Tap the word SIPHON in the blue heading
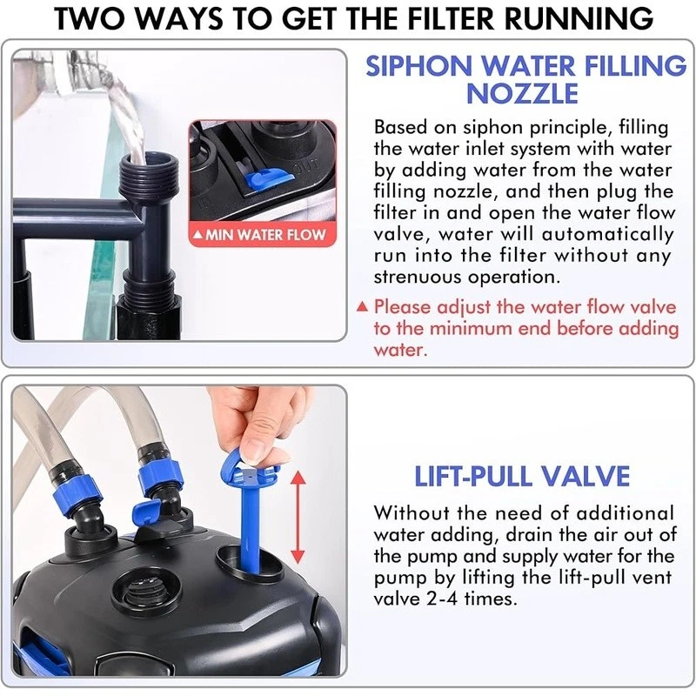pyautogui.click(x=418, y=66)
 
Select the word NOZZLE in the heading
pyautogui.click(x=522, y=93)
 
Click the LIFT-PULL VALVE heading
pyautogui.click(x=522, y=476)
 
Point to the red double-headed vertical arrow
pyautogui.click(x=298, y=518)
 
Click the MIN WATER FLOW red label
pyautogui.click(x=263, y=235)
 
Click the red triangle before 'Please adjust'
pyautogui.click(x=362, y=307)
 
